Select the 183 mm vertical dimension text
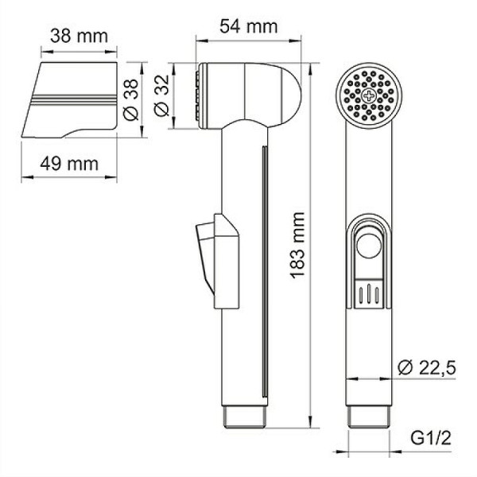(x=299, y=246)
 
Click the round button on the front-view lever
(x=368, y=248)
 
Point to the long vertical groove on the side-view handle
(x=262, y=270)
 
